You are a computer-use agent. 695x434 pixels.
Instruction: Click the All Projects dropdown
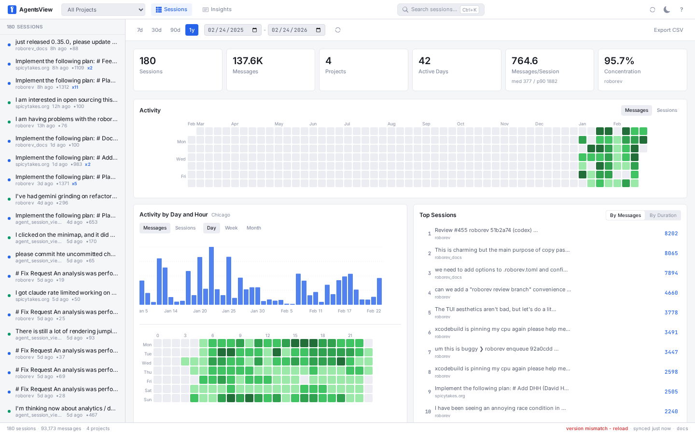coord(103,10)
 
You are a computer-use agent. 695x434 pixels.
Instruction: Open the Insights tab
coord(217,10)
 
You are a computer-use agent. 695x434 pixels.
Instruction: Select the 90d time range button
coord(175,30)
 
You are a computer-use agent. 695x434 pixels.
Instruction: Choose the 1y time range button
coord(192,30)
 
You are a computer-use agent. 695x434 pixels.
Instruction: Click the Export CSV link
coord(668,30)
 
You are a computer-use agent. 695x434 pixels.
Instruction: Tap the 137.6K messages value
coord(248,61)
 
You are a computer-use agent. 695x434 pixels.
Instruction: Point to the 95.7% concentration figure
coord(619,61)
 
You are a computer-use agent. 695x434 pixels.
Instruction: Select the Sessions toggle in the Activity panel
coord(667,110)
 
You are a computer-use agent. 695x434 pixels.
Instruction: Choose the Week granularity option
coord(231,228)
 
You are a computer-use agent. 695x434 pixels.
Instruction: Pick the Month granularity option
coord(253,228)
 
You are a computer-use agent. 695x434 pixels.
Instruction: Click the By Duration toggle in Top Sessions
coord(663,216)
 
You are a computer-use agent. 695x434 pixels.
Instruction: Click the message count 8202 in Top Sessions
coord(671,233)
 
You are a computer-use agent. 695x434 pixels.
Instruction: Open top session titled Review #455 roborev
coord(486,231)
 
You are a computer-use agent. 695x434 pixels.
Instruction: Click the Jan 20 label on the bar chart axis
coord(200,311)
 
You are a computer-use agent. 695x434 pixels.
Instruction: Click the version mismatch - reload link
coord(597,429)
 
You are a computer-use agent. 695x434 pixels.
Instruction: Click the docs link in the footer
coord(682,429)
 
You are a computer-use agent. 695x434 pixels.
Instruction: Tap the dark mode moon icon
coord(667,10)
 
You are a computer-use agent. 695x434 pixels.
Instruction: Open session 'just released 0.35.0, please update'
coord(66,42)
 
